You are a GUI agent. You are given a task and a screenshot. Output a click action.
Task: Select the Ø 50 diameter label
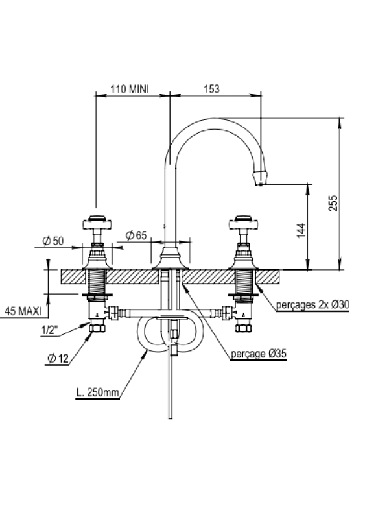coord(53,241)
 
